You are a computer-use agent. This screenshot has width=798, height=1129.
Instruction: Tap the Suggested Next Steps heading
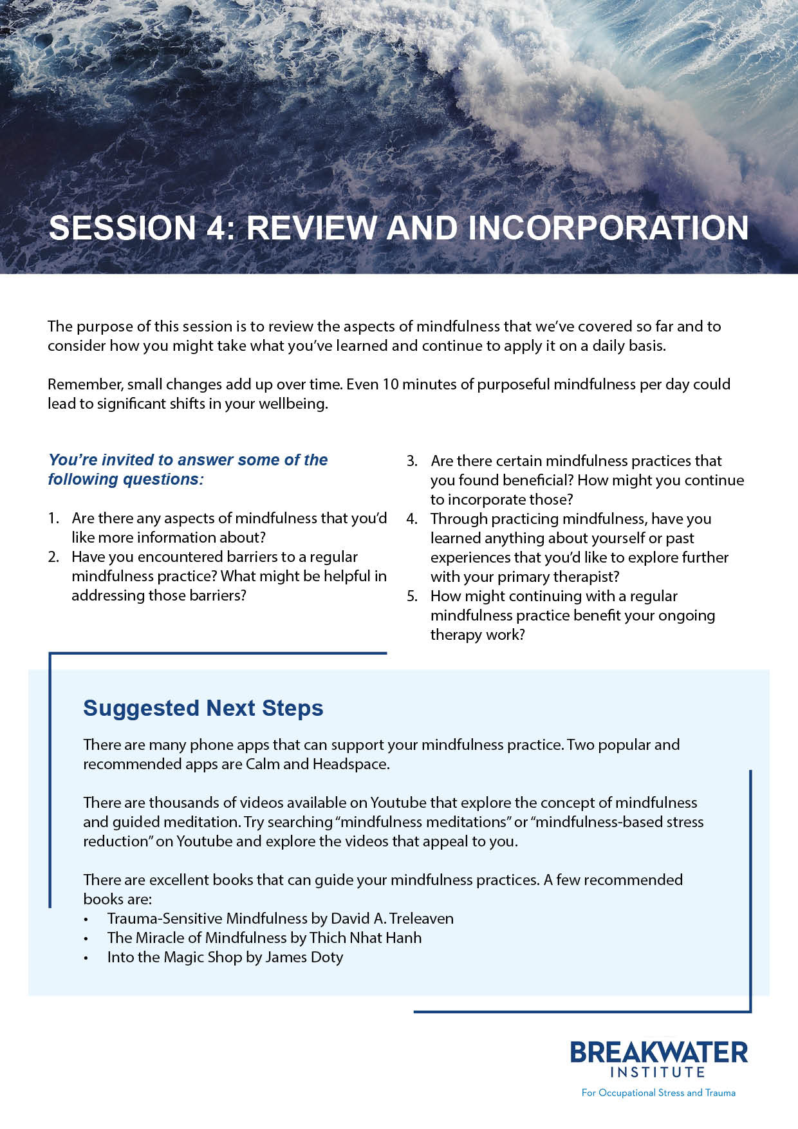tap(203, 708)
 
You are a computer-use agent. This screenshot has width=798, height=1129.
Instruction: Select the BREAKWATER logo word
tap(658, 1053)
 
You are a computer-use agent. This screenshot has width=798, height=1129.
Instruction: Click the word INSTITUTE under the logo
tap(658, 1072)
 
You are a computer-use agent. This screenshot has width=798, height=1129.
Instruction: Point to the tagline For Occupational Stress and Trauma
tap(658, 1092)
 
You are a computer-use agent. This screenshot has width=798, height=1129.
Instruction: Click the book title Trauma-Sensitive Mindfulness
tap(207, 919)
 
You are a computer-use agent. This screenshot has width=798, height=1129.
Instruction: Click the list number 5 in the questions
tap(412, 596)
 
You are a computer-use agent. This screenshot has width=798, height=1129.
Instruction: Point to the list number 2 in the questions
tap(53, 557)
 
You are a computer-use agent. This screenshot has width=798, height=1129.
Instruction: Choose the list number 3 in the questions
tap(412, 461)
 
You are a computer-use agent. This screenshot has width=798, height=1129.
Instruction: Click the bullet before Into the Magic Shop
tap(86, 958)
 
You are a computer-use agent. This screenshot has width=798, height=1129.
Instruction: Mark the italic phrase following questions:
tap(125, 480)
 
